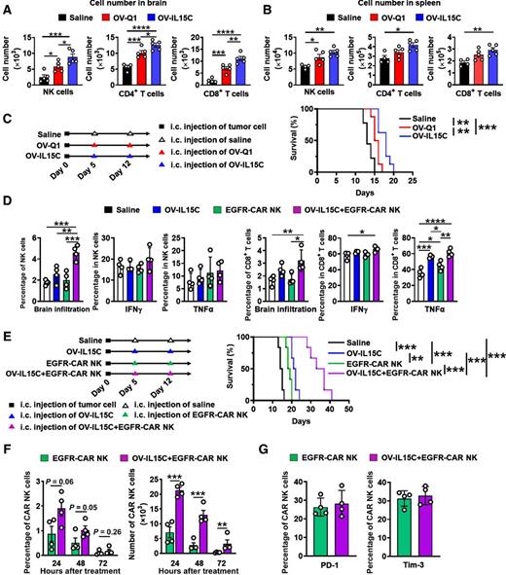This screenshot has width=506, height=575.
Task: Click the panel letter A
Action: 7,8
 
